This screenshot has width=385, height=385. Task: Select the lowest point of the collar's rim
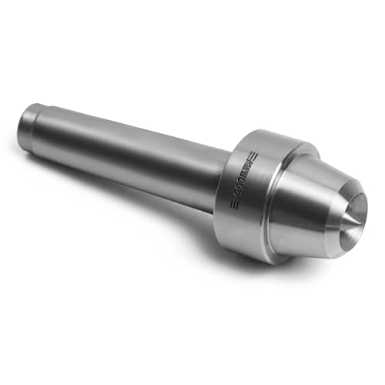click(266, 263)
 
